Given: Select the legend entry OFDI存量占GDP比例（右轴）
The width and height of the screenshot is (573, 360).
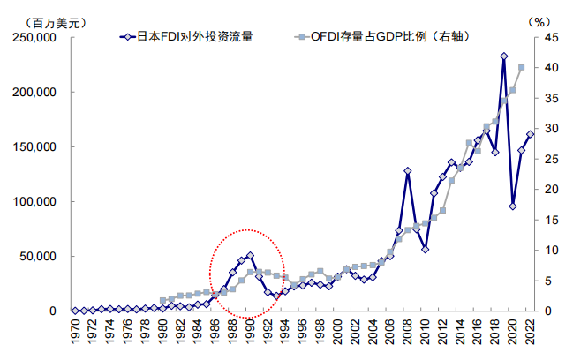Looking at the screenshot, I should tap(384, 37).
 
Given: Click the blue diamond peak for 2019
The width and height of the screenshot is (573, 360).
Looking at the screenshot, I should tap(503, 56).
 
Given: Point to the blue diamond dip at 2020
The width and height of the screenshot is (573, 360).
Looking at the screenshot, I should tap(512, 206).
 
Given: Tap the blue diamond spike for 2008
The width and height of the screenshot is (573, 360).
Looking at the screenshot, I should tap(408, 170).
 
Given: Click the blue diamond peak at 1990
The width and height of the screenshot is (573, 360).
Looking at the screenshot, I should tap(251, 256).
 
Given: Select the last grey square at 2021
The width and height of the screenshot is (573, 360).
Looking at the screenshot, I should tap(521, 67).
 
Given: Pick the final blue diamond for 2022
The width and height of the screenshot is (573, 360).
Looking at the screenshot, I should tap(531, 134).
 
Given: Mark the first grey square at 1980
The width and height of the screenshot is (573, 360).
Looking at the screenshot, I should tap(162, 300).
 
